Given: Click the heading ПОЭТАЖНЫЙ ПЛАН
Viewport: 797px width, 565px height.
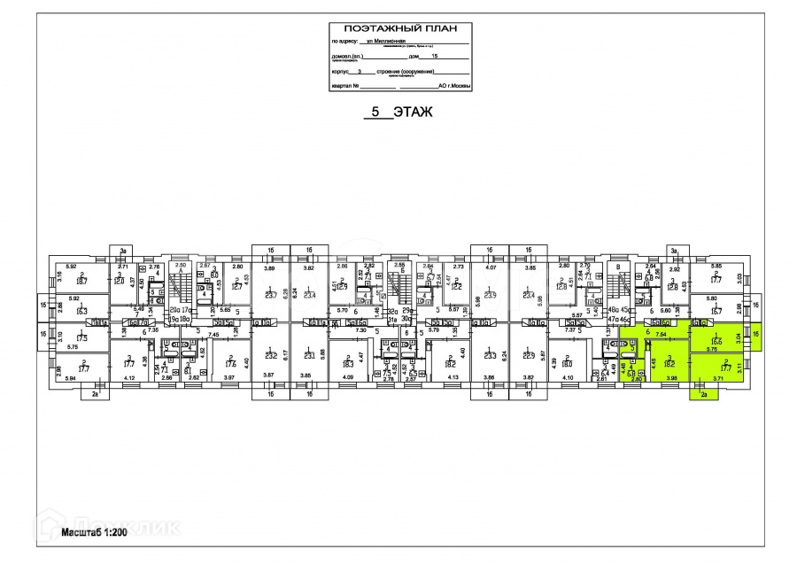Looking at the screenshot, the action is coord(400,28).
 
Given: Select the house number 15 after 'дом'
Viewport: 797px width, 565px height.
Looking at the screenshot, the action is coord(434,56).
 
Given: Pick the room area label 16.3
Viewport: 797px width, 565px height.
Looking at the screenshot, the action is coord(81,311).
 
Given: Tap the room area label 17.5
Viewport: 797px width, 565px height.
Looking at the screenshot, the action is coord(81,338).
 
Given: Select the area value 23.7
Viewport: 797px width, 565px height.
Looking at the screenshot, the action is coord(271,297).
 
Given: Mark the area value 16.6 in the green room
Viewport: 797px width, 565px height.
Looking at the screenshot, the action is coord(715,342).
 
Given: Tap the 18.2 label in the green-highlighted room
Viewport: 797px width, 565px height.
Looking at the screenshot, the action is coord(670,362).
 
